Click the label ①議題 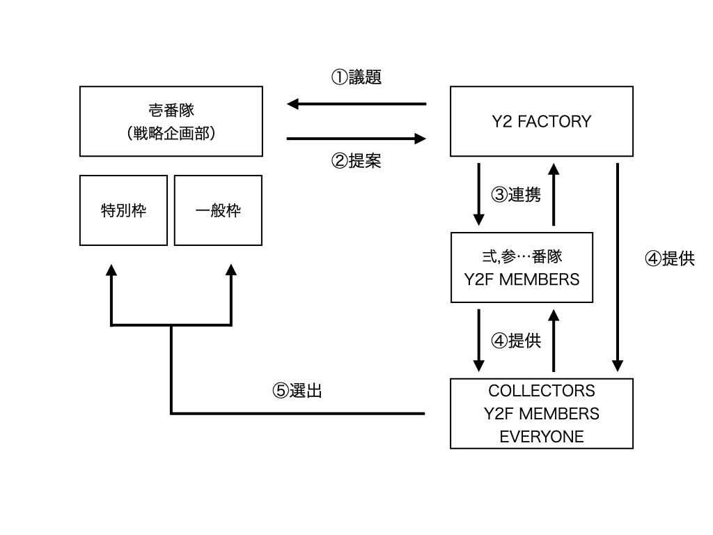tap(356, 77)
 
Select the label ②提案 tap(356, 161)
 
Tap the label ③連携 tap(515, 194)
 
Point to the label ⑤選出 tap(297, 391)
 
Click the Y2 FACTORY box tap(541, 121)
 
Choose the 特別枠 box tap(123, 210)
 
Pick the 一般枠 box tap(218, 210)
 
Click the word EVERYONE tap(541, 437)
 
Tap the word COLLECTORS tap(541, 390)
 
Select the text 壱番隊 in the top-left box tap(171, 110)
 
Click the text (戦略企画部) tap(171, 133)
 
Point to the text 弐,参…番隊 tap(522, 256)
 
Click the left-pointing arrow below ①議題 tap(356, 104)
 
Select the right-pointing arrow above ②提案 tap(356, 139)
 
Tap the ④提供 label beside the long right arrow tap(669, 258)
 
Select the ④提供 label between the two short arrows tap(515, 341)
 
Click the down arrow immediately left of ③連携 tap(479, 194)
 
